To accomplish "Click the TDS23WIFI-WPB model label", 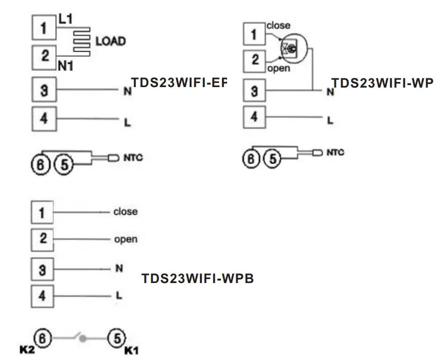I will click(x=198, y=278).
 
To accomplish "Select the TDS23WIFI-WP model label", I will click(x=382, y=84).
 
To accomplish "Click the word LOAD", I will click(x=110, y=41).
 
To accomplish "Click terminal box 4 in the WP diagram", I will click(x=255, y=117).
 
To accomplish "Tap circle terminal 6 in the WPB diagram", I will click(x=44, y=338).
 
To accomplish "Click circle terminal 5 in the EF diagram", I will click(x=64, y=164).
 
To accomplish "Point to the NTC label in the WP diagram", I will click(x=335, y=152).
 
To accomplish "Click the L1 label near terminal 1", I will click(x=66, y=19).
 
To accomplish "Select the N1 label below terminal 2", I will click(x=65, y=65).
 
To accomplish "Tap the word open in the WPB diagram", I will click(x=125, y=239).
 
